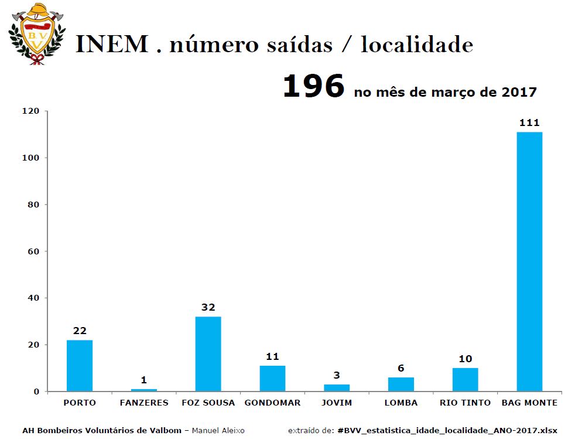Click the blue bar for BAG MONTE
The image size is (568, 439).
tap(529, 262)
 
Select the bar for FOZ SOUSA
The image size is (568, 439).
tap(208, 354)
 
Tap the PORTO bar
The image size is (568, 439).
tap(80, 366)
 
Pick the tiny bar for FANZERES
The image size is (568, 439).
tap(144, 390)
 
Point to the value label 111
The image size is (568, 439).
tap(529, 122)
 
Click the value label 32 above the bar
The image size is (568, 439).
tap(208, 307)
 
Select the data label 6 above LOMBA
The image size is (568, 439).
tap(401, 368)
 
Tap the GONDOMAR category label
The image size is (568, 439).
tap(272, 403)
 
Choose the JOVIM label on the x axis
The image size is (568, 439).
tap(337, 403)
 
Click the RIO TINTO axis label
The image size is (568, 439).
tap(465, 403)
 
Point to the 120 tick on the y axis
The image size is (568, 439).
tap(31, 111)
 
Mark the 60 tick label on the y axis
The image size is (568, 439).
tap(34, 251)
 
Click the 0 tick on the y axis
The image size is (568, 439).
tap(36, 392)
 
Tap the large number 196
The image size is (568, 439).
tap(314, 86)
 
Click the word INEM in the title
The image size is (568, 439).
tap(112, 44)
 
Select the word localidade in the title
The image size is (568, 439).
tap(417, 44)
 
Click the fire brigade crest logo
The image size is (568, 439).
tap(36, 34)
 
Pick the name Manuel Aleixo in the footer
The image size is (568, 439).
tap(218, 431)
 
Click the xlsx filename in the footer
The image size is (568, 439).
tap(447, 431)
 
